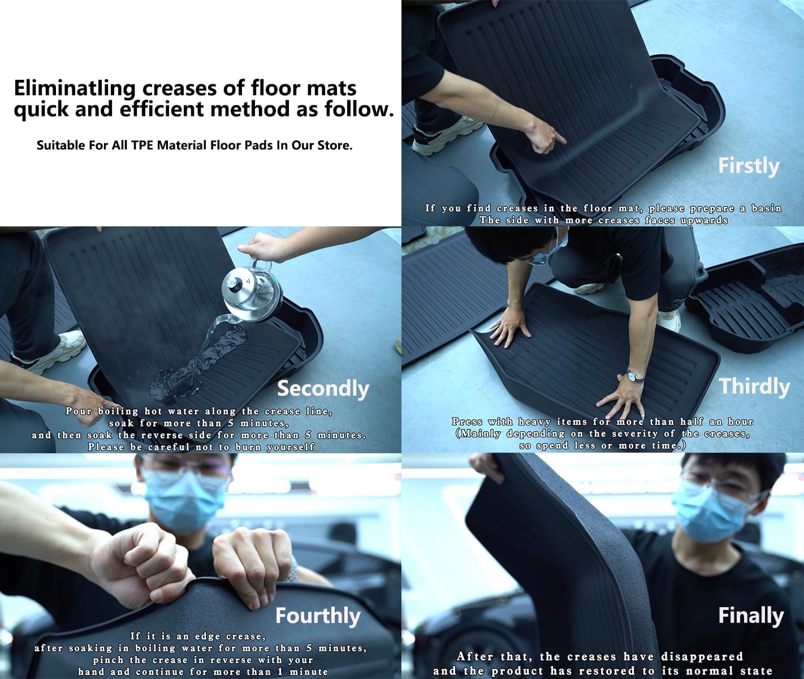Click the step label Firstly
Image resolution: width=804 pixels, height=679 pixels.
748,166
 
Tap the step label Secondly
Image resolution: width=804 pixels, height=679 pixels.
322,389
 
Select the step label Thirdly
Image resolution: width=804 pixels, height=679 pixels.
754,386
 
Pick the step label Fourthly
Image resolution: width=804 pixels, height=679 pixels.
317,616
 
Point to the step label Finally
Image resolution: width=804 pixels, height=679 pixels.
750,615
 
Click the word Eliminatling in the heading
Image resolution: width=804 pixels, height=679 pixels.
75,88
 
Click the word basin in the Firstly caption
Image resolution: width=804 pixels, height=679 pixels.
766,208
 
